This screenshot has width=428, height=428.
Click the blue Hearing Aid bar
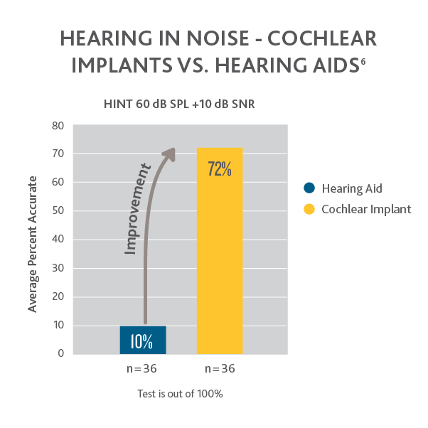click(143, 340)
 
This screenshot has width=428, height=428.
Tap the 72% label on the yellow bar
click(220, 169)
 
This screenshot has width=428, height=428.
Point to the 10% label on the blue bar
click(142, 341)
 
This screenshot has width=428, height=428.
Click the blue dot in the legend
click(309, 188)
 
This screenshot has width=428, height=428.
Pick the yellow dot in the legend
click(309, 209)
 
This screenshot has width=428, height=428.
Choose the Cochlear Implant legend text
click(366, 209)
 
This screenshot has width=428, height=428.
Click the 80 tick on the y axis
click(58, 125)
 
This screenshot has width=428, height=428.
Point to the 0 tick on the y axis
click(61, 353)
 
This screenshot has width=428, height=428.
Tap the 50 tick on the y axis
click(58, 210)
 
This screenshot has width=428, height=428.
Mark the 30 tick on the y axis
click(58, 268)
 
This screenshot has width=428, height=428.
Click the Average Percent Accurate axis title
click(33, 240)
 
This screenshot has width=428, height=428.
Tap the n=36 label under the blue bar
click(141, 369)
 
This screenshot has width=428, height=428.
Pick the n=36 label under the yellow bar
click(220, 369)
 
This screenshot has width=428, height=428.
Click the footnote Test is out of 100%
click(180, 393)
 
